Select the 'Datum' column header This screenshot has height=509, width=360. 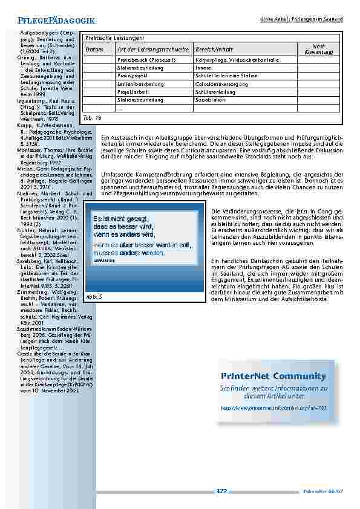[x=94, y=48]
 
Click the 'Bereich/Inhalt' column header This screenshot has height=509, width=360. [x=211, y=48]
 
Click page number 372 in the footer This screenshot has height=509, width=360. [x=221, y=491]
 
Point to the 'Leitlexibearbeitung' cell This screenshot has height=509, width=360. [x=136, y=84]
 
